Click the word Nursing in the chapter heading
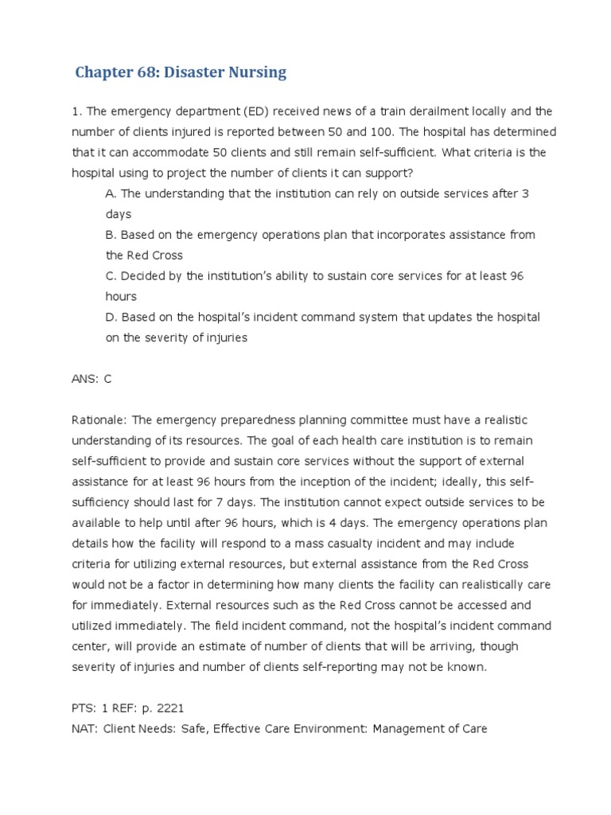click(254, 73)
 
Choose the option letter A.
click(111, 193)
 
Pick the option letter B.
click(111, 235)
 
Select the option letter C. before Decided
click(111, 276)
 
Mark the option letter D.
click(111, 317)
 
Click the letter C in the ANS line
click(108, 379)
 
